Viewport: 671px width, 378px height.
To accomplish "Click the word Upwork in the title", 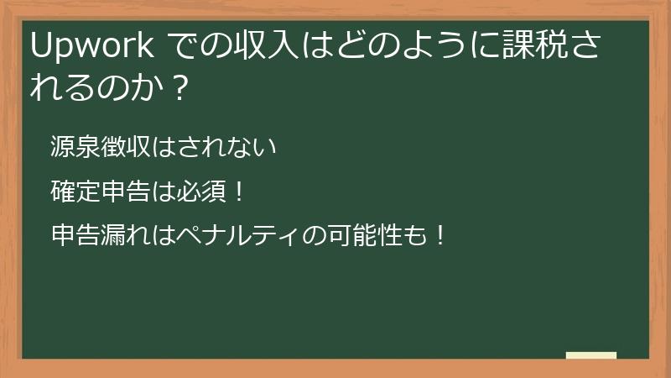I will click(x=91, y=48).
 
